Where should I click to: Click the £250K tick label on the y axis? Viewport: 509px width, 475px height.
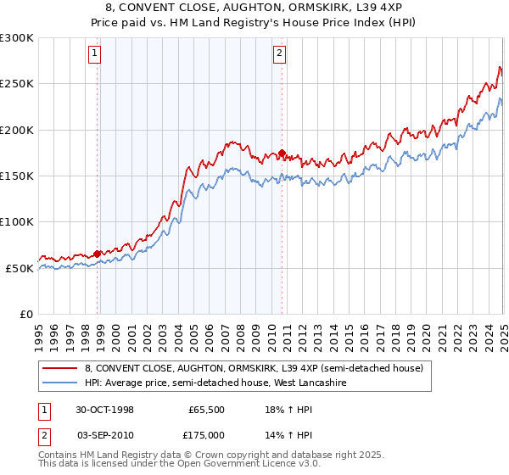[18, 84]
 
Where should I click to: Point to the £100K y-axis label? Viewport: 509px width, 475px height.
[18, 222]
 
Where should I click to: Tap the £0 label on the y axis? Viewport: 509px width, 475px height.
[25, 314]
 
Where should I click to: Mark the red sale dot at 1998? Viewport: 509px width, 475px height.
[98, 253]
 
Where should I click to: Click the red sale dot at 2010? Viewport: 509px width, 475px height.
[281, 153]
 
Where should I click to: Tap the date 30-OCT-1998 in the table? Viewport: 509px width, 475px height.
[105, 409]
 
